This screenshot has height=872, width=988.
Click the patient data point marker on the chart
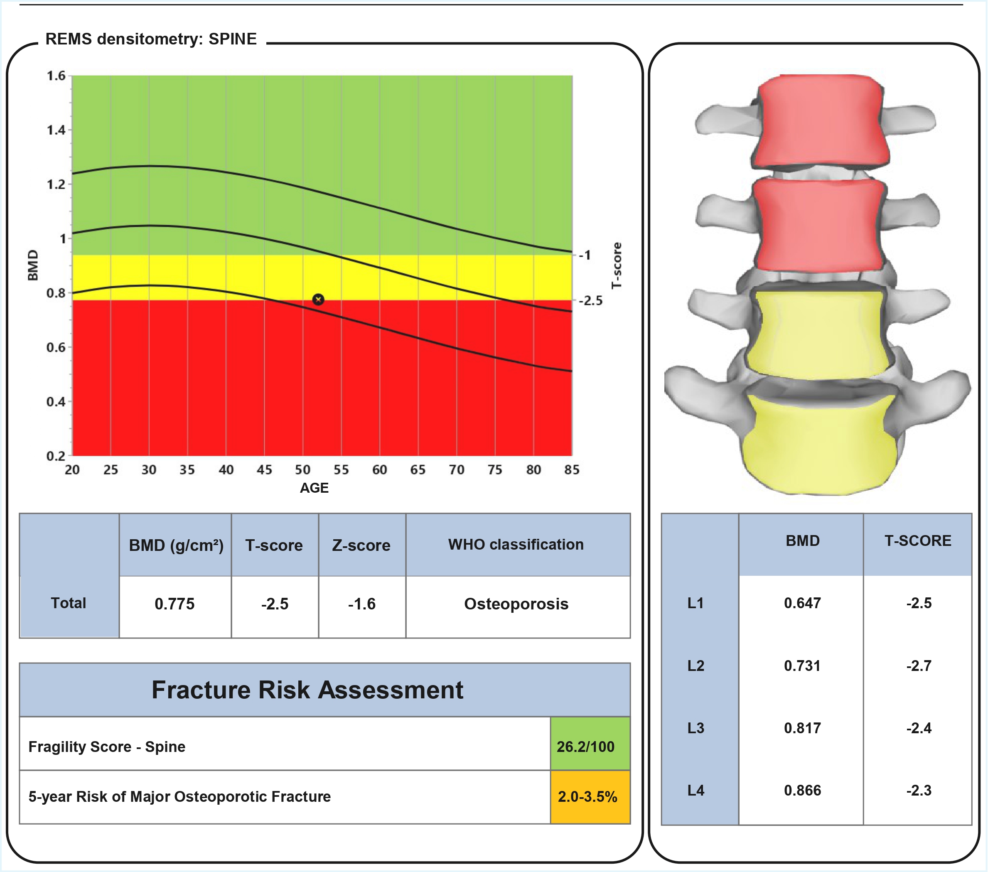click(x=318, y=300)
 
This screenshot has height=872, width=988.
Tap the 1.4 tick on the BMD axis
click(x=56, y=130)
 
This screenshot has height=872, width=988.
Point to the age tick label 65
click(x=418, y=469)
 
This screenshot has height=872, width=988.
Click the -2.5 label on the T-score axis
click(x=591, y=301)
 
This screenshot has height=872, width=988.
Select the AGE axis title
click(x=314, y=488)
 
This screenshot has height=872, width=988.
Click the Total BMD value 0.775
click(x=174, y=604)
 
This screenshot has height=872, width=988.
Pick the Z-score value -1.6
click(x=361, y=604)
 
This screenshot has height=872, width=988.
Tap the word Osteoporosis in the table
click(x=516, y=604)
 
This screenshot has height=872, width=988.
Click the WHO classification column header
click(x=516, y=545)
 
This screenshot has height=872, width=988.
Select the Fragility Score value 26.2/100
click(x=585, y=747)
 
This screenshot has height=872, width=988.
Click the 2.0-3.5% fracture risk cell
click(x=587, y=796)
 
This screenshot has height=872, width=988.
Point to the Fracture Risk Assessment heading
click(x=307, y=690)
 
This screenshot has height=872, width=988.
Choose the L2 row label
click(x=696, y=666)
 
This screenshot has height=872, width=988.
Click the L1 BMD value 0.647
click(x=802, y=603)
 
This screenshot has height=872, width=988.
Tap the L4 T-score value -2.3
click(x=918, y=790)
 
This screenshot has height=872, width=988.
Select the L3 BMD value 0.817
click(x=802, y=728)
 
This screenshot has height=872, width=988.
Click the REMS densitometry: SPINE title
click(x=151, y=39)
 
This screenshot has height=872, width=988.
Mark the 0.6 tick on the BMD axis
click(x=56, y=347)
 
